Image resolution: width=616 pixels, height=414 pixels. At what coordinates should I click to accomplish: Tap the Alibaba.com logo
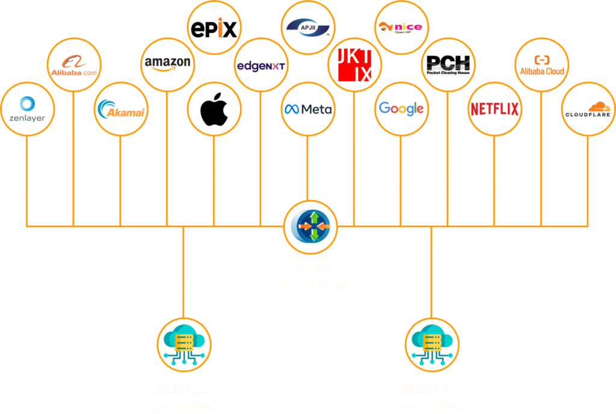[74, 64]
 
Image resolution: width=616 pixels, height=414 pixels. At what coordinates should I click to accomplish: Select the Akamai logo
[121, 109]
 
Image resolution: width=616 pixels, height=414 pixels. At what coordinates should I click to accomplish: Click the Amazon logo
[167, 64]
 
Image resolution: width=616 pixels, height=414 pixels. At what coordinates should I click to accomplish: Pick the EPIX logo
[214, 28]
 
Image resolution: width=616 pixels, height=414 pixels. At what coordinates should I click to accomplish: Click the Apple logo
[214, 109]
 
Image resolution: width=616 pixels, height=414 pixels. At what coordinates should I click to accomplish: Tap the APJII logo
[307, 27]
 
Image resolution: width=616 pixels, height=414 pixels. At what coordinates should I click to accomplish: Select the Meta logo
[307, 109]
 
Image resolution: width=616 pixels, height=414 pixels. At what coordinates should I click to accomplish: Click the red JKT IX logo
[354, 65]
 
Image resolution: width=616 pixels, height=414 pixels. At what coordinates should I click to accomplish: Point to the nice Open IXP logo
[401, 27]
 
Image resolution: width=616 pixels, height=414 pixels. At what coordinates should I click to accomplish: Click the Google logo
[401, 109]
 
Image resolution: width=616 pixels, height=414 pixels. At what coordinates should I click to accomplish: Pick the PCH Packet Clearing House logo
[448, 65]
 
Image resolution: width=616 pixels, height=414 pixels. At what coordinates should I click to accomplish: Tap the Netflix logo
[494, 109]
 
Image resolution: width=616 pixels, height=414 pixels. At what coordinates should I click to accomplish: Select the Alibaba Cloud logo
[541, 65]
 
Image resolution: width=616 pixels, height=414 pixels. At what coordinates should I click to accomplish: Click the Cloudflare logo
[588, 109]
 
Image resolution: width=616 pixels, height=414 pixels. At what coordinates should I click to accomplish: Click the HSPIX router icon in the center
[310, 227]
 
